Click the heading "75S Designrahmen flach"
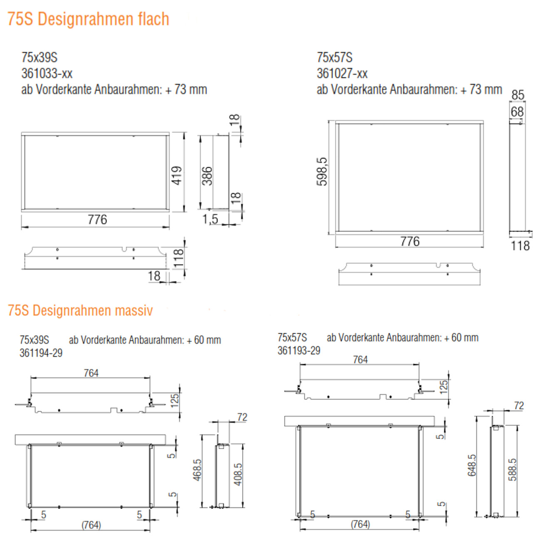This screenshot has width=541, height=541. (88, 19)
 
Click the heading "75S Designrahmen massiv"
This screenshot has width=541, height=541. (80, 310)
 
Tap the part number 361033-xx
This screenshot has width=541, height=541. (47, 74)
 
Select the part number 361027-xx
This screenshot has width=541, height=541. (342, 74)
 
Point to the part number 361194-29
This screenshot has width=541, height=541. (41, 353)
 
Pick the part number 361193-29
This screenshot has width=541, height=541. (299, 350)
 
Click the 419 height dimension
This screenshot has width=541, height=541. (177, 176)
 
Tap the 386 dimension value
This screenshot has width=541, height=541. (207, 176)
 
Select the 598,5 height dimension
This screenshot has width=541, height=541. (322, 172)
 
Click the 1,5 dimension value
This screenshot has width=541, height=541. (210, 219)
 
